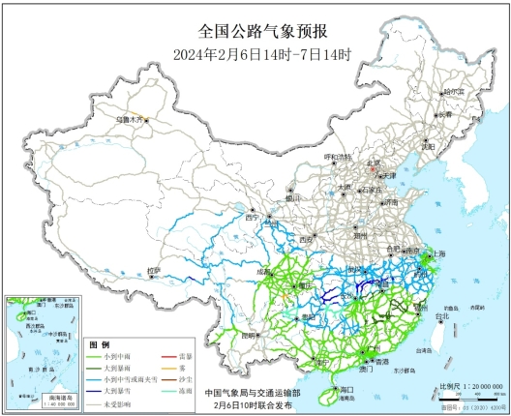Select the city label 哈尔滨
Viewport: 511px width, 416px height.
coord(453,92)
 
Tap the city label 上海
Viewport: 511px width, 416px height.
coord(439,253)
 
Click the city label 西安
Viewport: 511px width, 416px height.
coord(307,238)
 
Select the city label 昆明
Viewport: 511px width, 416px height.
coord(253,335)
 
